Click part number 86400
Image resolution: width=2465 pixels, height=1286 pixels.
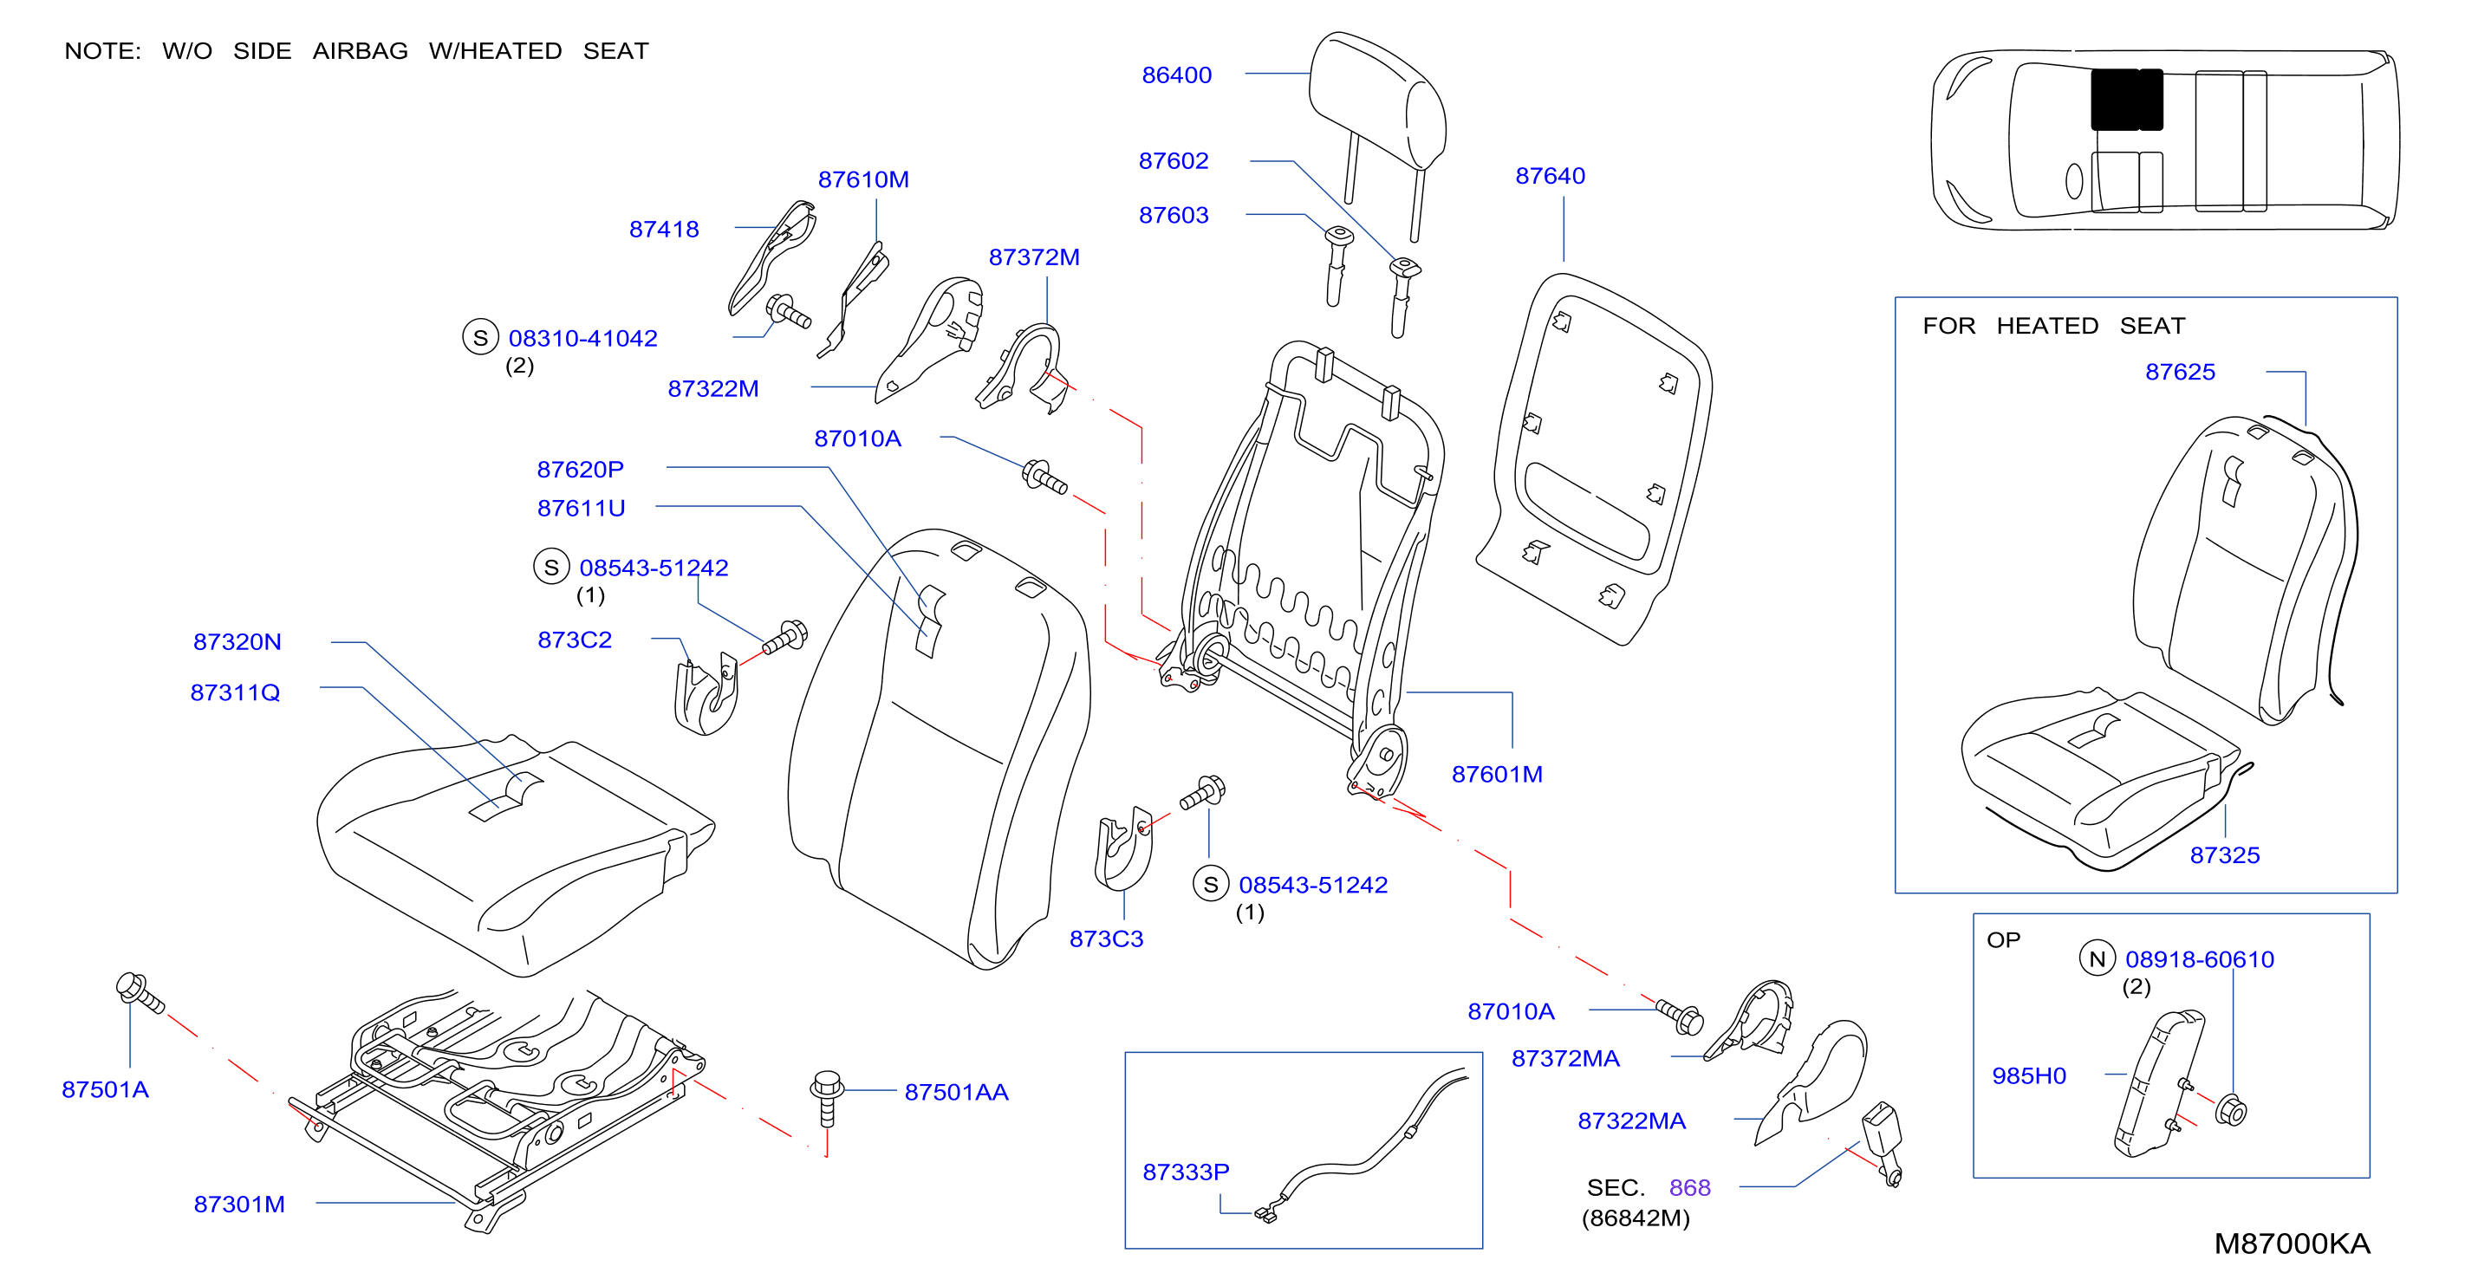coord(1176,75)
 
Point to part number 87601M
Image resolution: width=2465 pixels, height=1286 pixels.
coord(1497,774)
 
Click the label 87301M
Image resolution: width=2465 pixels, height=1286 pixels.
coord(239,1204)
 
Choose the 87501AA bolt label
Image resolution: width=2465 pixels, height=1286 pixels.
coord(956,1092)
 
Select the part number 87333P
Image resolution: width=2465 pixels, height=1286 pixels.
coord(1186,1172)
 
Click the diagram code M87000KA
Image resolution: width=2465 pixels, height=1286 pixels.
coord(2292,1243)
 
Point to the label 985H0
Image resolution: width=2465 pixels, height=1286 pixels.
coord(2029,1075)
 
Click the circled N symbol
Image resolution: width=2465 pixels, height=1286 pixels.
coord(2097,958)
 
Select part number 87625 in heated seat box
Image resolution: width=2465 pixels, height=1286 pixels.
coord(2180,373)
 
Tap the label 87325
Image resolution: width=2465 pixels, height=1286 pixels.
coord(2225,855)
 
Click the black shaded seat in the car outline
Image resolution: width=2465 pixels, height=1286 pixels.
coord(2126,99)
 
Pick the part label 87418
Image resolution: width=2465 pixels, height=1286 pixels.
coord(664,230)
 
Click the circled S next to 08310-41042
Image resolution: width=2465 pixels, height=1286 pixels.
coord(480,337)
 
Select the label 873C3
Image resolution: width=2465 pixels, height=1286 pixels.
coord(1106,939)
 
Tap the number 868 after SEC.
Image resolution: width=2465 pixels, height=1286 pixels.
coord(1690,1187)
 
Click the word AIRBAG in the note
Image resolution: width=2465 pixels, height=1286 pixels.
coord(360,51)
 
